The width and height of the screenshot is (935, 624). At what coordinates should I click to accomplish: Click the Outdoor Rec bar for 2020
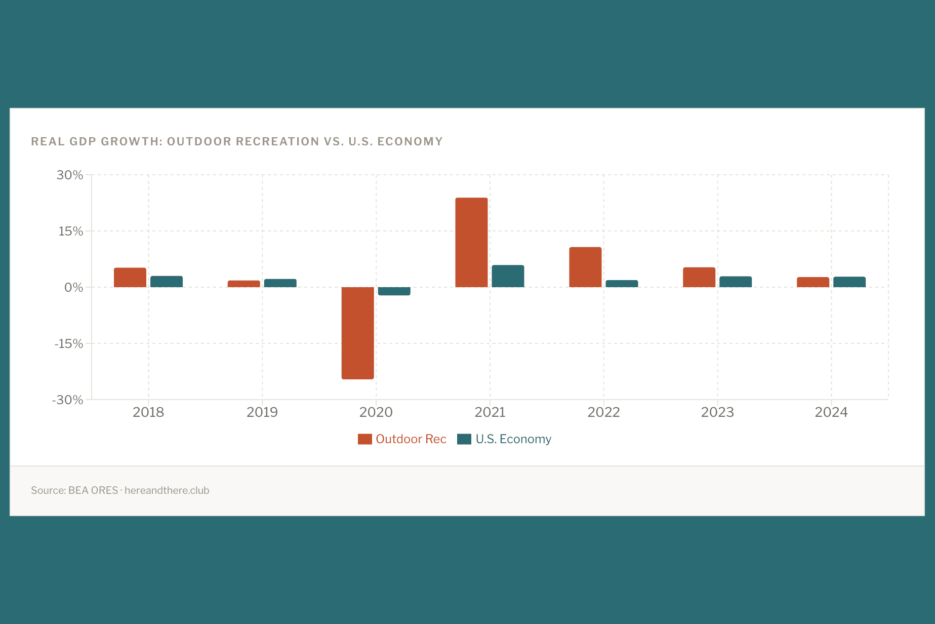[x=357, y=333]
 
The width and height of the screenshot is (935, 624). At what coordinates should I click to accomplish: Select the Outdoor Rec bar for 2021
[x=471, y=243]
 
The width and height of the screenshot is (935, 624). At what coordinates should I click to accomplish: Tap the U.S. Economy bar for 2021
[x=508, y=276]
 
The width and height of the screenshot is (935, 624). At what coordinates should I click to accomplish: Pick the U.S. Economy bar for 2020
[x=394, y=291]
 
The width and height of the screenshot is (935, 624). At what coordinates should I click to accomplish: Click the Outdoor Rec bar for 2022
[x=585, y=267]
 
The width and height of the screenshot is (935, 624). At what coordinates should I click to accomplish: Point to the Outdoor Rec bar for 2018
[x=130, y=278]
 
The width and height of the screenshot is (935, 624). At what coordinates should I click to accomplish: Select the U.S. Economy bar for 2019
[x=280, y=283]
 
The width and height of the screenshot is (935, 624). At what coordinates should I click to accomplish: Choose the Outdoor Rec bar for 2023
[x=699, y=278]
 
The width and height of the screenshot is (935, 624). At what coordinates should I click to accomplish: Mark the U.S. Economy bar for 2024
[x=849, y=282]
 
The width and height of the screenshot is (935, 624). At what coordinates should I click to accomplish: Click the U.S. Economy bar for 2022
[x=622, y=284]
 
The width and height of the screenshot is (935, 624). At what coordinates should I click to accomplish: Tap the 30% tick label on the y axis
[x=70, y=175]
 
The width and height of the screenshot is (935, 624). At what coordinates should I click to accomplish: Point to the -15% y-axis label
[x=69, y=344]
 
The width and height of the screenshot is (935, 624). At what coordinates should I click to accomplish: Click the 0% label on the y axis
[x=73, y=288]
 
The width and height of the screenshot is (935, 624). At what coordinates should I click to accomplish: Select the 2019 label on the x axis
[x=262, y=412]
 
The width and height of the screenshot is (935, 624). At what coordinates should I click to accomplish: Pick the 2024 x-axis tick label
[x=831, y=412]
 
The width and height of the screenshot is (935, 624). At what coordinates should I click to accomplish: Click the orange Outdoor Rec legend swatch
[x=364, y=439]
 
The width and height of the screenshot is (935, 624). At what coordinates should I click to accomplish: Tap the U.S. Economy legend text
[x=513, y=439]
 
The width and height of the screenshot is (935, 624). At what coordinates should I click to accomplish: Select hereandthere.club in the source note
[x=167, y=490]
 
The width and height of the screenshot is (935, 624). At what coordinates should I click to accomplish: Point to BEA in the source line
[x=78, y=490]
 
